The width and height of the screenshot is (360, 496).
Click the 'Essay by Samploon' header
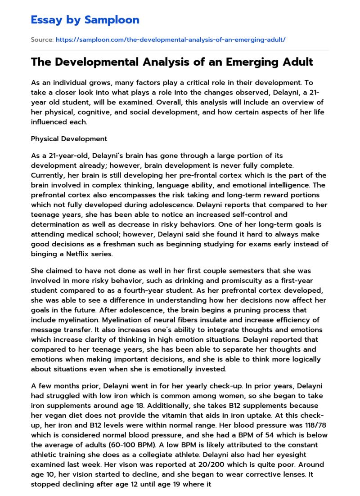(x=85, y=20)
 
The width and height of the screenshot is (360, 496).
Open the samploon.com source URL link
(x=171, y=40)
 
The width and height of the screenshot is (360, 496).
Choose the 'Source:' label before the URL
(x=42, y=40)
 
